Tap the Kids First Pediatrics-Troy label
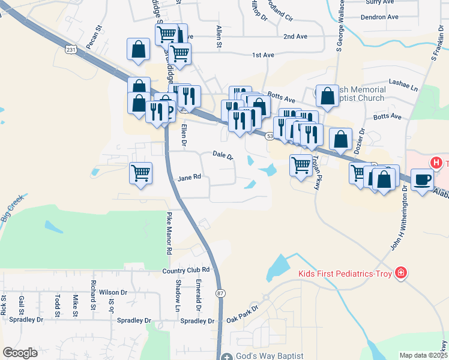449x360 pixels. click(345, 274)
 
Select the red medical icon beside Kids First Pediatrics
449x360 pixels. click(401, 274)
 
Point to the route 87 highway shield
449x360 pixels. click(221, 293)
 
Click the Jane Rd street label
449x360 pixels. click(189, 178)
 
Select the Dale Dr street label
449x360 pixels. click(223, 155)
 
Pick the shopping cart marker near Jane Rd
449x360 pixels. click(140, 173)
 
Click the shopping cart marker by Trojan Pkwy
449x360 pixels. click(301, 164)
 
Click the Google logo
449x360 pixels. click(20, 352)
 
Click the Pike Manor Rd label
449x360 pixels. click(169, 233)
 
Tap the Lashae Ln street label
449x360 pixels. click(403, 87)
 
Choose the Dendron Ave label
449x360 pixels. click(379, 17)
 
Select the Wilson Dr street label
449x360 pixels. click(113, 292)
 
